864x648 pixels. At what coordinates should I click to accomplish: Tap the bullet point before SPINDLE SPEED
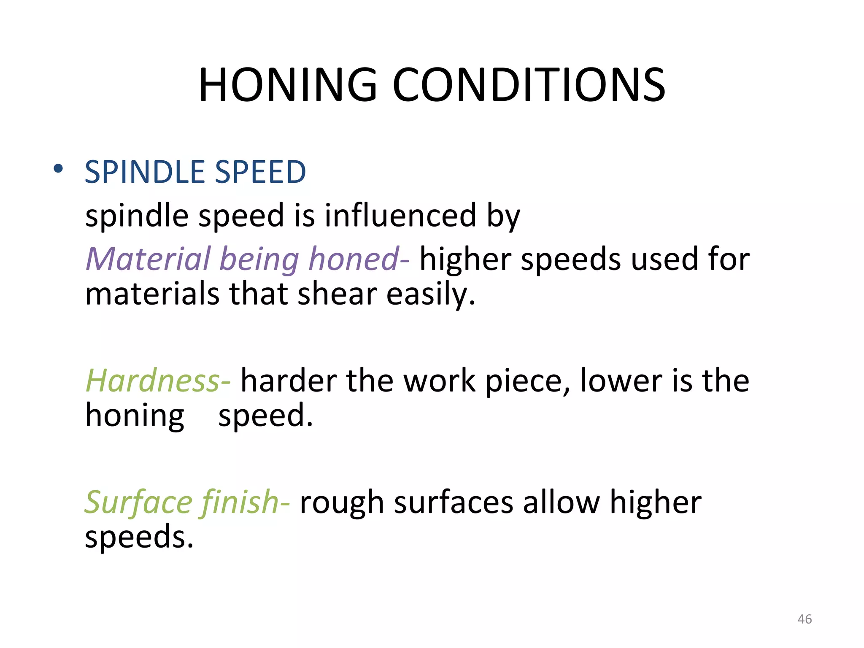pos(58,169)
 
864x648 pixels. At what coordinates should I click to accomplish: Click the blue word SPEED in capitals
pos(260,172)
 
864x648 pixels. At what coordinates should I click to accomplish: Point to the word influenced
pos(400,215)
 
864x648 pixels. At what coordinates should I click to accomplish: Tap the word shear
pos(337,294)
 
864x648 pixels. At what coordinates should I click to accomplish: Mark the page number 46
pos(805,619)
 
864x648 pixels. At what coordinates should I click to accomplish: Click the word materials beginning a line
pos(152,294)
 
